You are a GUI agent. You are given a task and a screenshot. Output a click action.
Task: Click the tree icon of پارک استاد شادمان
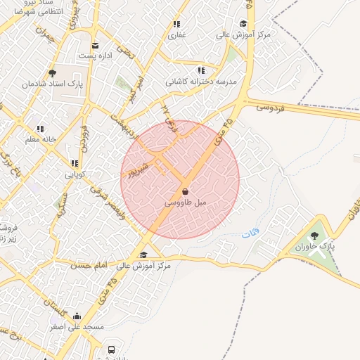52,72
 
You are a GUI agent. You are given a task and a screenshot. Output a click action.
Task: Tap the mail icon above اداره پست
95,46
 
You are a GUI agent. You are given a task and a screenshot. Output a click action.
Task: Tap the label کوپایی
75,174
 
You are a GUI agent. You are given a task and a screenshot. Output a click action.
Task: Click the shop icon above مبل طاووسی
185,191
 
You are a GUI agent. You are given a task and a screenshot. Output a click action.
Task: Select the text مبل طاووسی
186,202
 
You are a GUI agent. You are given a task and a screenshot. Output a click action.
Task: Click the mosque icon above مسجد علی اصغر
77,316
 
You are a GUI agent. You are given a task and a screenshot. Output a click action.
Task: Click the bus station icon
111,349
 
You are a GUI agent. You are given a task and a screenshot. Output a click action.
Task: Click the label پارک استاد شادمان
52,83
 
